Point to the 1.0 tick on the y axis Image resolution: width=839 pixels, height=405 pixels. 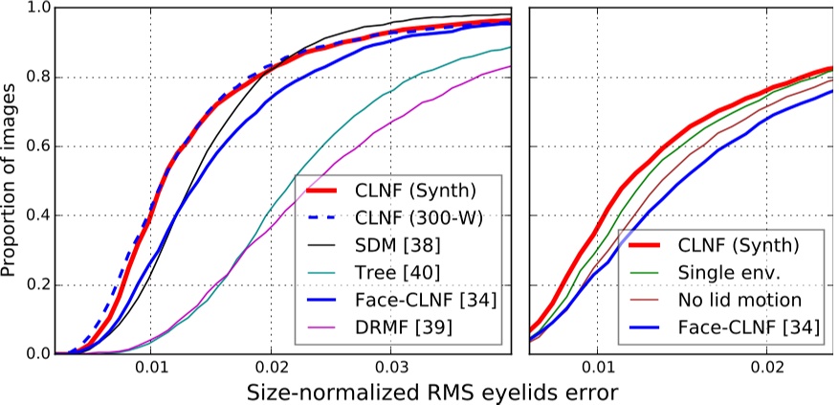pyautogui.click(x=36, y=9)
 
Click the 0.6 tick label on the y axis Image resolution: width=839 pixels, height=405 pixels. pyautogui.click(x=36, y=146)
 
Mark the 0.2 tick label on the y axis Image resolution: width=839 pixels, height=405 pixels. pyautogui.click(x=36, y=285)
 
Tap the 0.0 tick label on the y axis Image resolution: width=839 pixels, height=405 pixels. pyautogui.click(x=36, y=354)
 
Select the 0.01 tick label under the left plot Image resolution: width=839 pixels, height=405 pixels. pyautogui.click(x=150, y=367)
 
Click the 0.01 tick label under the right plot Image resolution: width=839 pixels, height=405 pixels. pyautogui.click(x=598, y=367)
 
